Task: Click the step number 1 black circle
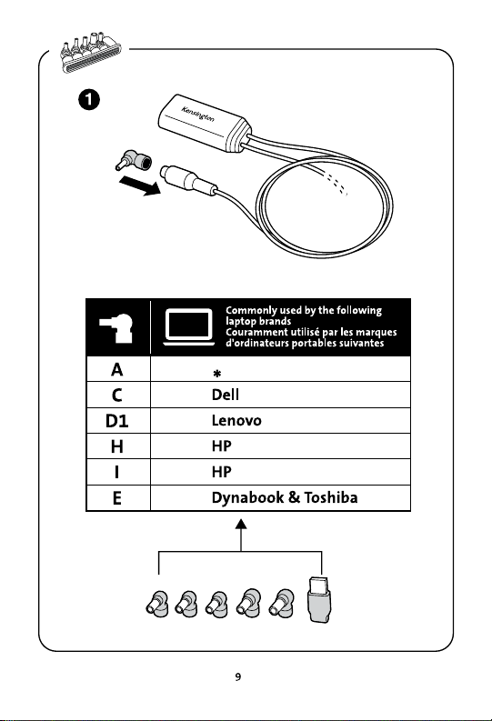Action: click(x=89, y=99)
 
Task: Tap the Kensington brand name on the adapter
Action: click(x=197, y=115)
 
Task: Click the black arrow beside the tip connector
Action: click(x=140, y=185)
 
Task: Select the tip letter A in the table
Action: click(x=117, y=370)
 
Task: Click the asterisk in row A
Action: click(x=217, y=374)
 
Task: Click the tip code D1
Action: click(x=116, y=421)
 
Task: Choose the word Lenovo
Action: click(x=236, y=420)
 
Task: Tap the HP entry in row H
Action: click(x=222, y=446)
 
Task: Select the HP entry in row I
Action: click(x=222, y=472)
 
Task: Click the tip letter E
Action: click(x=117, y=498)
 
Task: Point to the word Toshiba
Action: click(x=331, y=497)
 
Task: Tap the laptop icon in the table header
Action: click(x=189, y=327)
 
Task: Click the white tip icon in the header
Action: click(x=116, y=328)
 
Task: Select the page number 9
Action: click(x=237, y=676)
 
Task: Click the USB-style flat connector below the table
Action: click(x=320, y=599)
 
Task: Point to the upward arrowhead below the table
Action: click(x=240, y=525)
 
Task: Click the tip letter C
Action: click(x=117, y=395)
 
